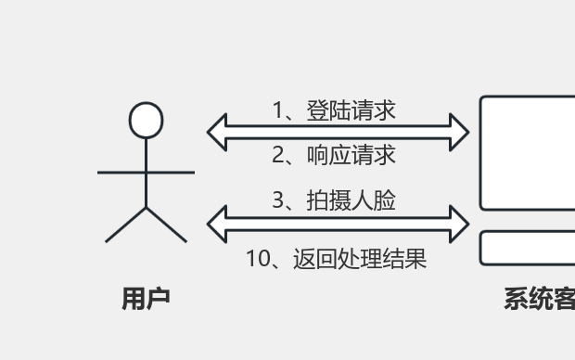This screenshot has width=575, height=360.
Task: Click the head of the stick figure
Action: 147,121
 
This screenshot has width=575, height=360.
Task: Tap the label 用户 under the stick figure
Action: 147,299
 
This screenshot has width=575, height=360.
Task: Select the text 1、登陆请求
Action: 334,110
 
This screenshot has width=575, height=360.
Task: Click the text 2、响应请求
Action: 334,155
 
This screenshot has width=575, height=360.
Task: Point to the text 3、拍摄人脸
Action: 334,199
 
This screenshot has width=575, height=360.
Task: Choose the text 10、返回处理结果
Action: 336,259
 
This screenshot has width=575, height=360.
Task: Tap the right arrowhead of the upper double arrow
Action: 459,132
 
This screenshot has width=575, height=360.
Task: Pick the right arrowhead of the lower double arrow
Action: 459,223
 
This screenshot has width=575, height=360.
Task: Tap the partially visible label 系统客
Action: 539,299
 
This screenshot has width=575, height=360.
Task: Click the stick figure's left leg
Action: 127,225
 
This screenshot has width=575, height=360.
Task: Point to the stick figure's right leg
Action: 167,225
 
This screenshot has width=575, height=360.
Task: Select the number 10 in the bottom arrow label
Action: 257,259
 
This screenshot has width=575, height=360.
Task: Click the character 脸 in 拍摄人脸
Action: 386,199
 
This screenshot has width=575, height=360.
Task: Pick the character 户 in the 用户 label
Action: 159,299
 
